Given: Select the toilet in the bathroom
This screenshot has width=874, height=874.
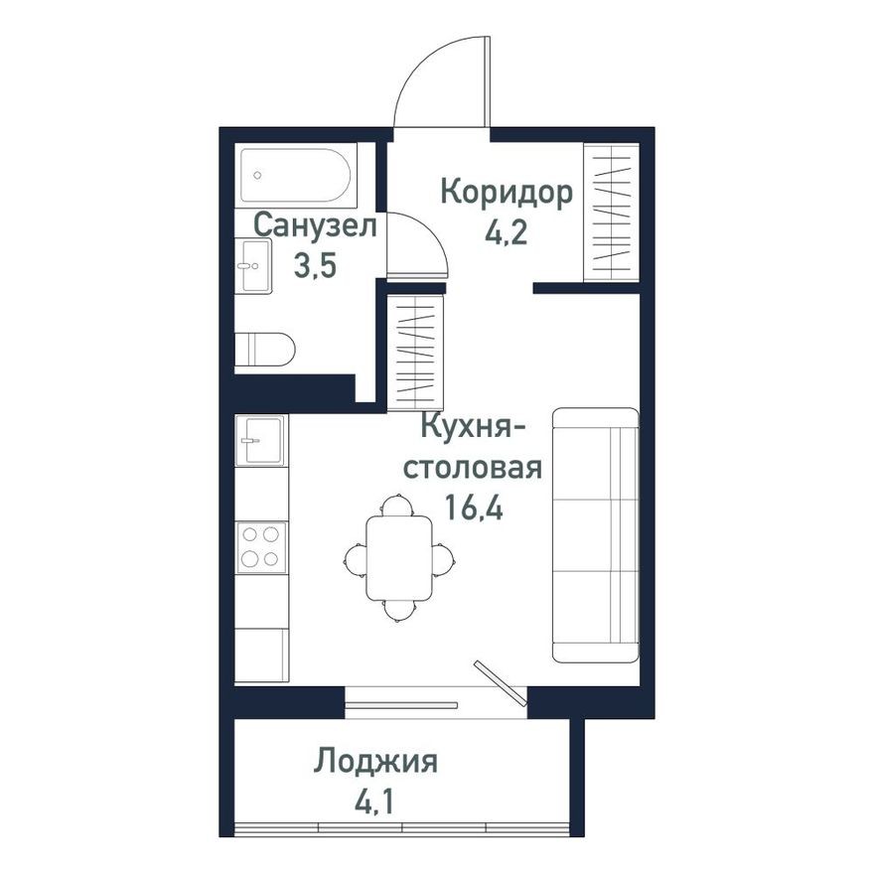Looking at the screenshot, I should [x=266, y=350].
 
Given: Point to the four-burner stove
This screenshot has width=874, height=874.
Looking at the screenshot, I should [x=261, y=546].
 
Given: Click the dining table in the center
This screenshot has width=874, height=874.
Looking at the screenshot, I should [x=398, y=558].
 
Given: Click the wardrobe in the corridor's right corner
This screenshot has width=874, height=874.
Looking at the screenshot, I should [x=611, y=213].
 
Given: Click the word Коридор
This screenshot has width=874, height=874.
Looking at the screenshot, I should [x=507, y=193].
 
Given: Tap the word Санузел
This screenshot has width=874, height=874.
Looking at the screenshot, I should [x=315, y=226].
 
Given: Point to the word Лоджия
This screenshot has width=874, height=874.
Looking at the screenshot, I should [x=376, y=763].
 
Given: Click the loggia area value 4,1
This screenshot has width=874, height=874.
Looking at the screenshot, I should [x=376, y=799].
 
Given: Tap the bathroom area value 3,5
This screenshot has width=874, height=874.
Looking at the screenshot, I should [x=315, y=265].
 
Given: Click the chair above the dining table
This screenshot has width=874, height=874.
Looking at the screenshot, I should [x=397, y=505].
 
